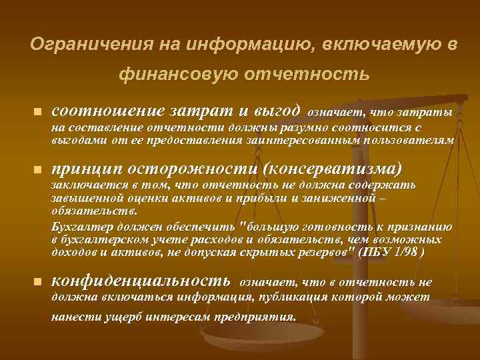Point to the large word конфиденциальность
[x=141, y=281]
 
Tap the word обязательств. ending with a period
[x=94, y=211]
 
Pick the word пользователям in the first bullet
[x=413, y=141]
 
